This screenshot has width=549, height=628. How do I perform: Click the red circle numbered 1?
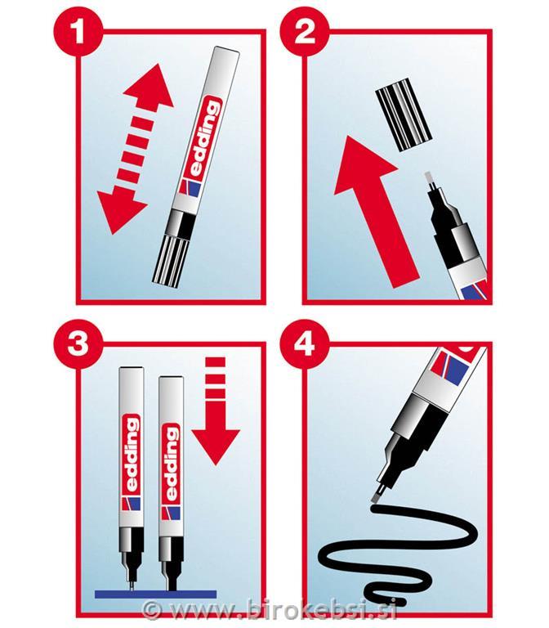pos(78,33)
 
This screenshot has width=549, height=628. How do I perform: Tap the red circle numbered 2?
pos(305,33)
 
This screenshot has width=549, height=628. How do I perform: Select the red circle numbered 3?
pos(78,343)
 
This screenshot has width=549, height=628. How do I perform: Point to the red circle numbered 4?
pos(305,343)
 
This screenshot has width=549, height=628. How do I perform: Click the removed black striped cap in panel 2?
pos(404,114)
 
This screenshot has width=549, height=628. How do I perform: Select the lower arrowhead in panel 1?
pos(119,210)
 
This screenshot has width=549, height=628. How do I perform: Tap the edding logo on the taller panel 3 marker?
pos(132,454)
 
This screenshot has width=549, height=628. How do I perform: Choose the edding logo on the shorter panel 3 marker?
pos(171,464)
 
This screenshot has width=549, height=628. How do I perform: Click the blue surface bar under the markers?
pos(155,594)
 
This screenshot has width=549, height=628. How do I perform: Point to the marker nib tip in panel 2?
pos(429,178)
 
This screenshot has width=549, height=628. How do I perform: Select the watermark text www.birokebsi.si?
pos(282,610)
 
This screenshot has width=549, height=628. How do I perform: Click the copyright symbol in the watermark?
pos(152,610)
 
